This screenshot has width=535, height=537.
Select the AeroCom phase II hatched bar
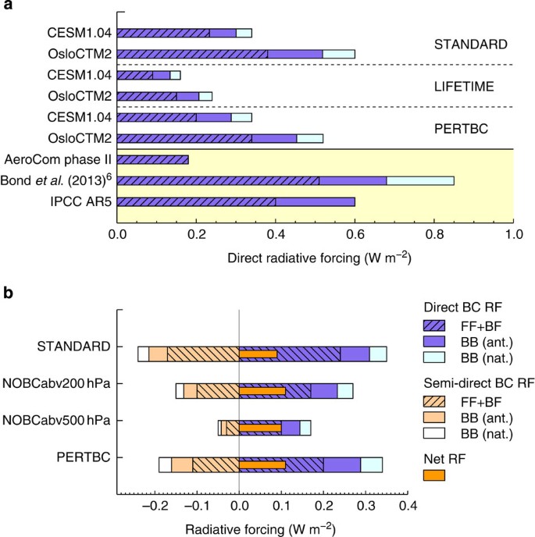point(153,159)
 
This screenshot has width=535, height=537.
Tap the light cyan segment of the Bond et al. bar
point(420,180)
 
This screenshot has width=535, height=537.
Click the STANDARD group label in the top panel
point(465,44)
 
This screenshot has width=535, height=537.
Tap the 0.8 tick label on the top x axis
point(433,233)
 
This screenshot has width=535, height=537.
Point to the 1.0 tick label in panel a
point(512,233)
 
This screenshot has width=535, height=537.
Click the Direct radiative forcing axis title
point(315,257)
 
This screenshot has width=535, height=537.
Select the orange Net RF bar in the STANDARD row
point(258,354)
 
